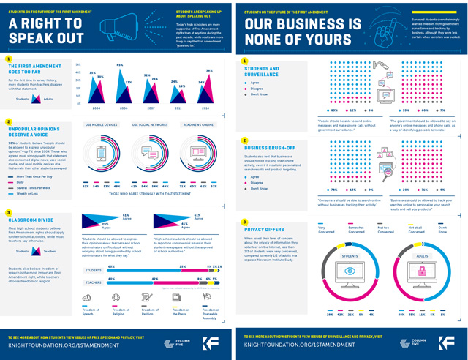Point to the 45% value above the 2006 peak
point(119,66)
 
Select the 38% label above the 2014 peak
point(209,71)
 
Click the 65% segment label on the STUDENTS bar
point(112,267)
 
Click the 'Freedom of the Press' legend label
point(179,312)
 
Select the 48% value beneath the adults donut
point(401,315)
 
